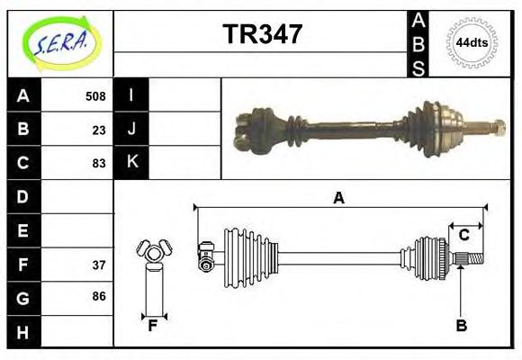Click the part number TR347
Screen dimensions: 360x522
[x=262, y=34]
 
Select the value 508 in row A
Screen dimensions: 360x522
[x=94, y=96]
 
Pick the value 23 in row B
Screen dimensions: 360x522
[x=98, y=130]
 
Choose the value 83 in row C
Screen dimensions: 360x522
[x=98, y=163]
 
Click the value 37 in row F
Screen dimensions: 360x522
[x=98, y=265]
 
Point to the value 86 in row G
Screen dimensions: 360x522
[x=98, y=296]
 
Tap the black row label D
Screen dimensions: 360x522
[x=23, y=196]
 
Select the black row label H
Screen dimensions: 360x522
[x=23, y=332]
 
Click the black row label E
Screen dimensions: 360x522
[x=23, y=230]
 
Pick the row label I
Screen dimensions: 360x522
[x=131, y=95]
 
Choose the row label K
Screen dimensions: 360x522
[x=131, y=162]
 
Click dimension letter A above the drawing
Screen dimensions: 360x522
[x=338, y=198]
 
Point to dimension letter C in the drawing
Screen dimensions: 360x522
[x=464, y=236]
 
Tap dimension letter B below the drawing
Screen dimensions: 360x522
[x=461, y=326]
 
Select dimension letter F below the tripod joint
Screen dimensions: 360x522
[x=153, y=326]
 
